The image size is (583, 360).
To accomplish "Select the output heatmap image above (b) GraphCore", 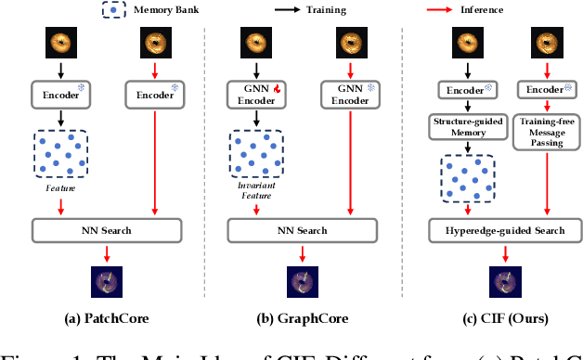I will click(302, 280).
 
